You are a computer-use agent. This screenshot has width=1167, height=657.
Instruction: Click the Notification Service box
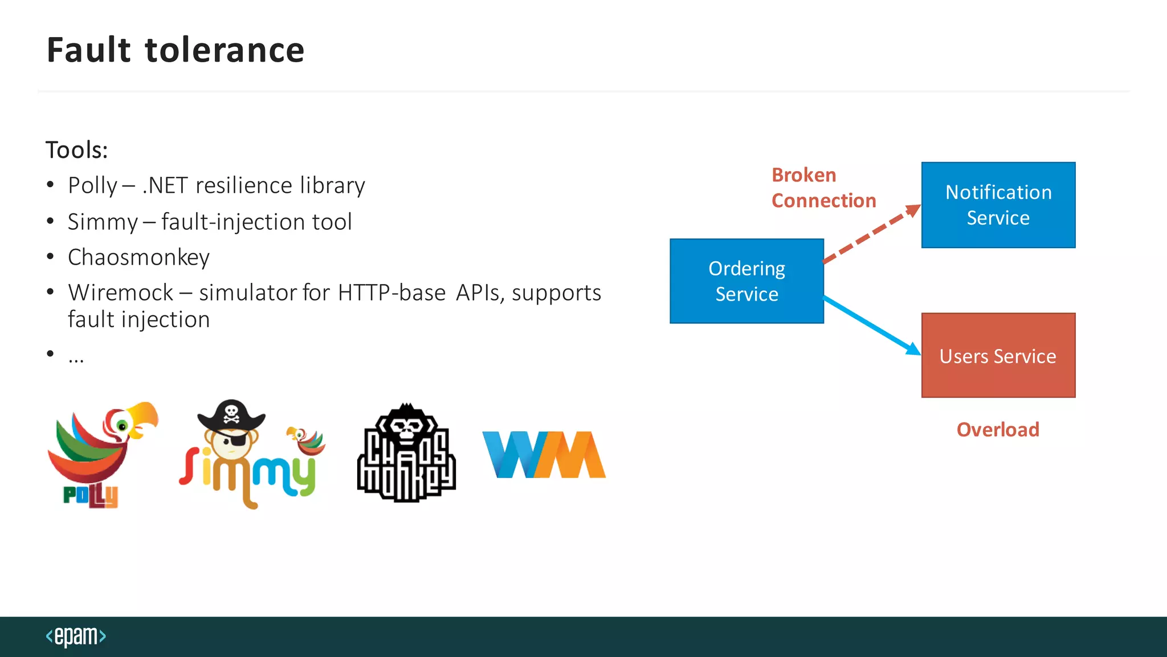pyautogui.click(x=998, y=205)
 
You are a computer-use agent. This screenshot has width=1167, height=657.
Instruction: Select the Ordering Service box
pyautogui.click(x=746, y=281)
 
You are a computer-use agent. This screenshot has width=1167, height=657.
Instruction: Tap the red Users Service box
pyautogui.click(x=998, y=355)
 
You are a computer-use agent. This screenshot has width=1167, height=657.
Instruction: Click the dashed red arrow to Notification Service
pyautogui.click(x=871, y=234)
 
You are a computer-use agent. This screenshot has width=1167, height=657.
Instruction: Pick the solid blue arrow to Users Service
pyautogui.click(x=871, y=325)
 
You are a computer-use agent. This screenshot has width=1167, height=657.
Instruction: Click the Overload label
pyautogui.click(x=997, y=429)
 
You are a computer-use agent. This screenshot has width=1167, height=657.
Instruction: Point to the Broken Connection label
pyautogui.click(x=823, y=188)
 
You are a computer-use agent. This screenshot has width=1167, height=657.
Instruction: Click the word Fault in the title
pyautogui.click(x=89, y=50)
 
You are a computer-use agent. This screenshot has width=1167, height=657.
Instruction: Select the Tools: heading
pyautogui.click(x=76, y=150)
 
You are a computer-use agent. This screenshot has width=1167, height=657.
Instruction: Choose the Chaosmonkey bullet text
pyautogui.click(x=138, y=257)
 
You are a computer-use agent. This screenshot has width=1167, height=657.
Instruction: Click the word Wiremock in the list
pyautogui.click(x=120, y=293)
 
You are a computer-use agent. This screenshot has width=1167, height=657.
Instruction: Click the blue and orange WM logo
pyautogui.click(x=544, y=455)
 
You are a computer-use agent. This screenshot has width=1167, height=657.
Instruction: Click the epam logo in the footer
pyautogui.click(x=76, y=636)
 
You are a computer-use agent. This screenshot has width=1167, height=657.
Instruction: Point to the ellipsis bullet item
pyautogui.click(x=76, y=358)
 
